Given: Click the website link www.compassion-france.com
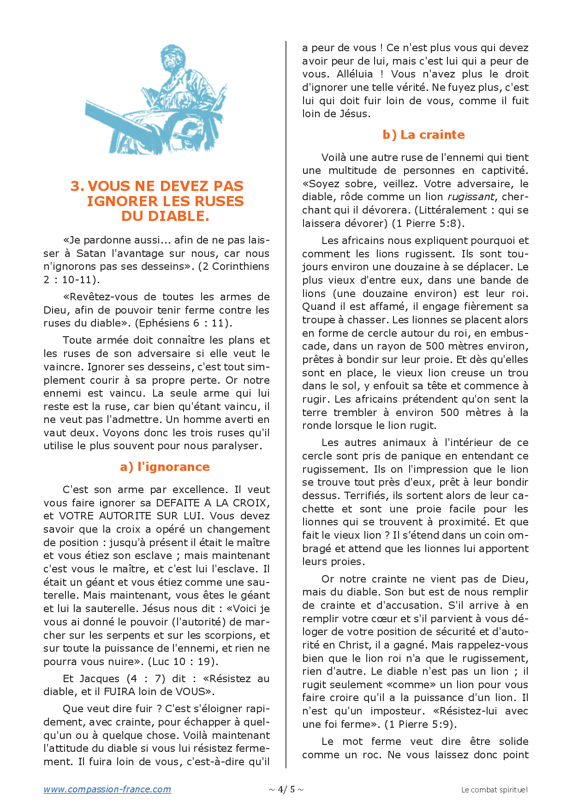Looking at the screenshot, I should [107, 789].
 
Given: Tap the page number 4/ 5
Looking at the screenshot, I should [286, 789].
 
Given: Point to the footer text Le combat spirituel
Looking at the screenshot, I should [494, 790].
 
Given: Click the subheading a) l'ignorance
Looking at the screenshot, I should [165, 467].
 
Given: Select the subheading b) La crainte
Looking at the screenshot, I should [423, 135].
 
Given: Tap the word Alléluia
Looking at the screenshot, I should [354, 74].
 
